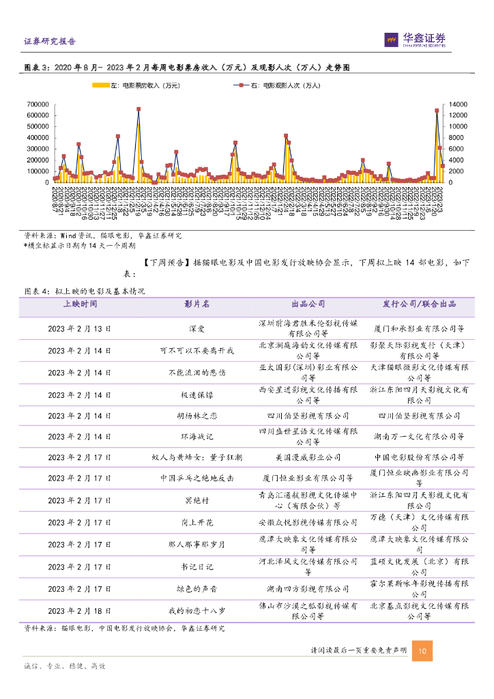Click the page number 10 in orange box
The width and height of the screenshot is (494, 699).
[422, 652]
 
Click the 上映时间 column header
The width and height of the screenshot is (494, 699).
[80, 304]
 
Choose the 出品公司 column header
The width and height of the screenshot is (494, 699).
[308, 304]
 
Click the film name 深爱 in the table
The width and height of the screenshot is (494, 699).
[197, 328]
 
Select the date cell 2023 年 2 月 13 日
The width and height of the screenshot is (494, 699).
[80, 328]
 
